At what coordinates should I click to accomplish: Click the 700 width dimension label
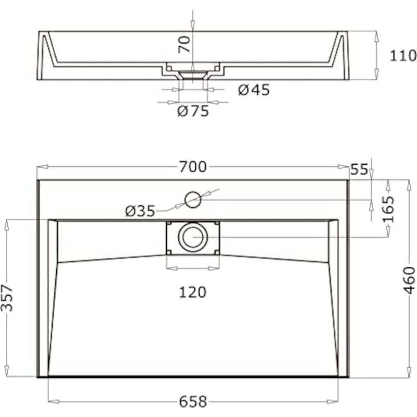193,167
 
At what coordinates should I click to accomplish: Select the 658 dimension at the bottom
193,401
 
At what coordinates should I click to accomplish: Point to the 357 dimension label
7,298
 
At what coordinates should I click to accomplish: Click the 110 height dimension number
403,56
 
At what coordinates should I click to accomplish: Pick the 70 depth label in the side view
185,44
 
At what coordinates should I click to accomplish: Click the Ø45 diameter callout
254,90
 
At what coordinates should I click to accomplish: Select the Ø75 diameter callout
193,111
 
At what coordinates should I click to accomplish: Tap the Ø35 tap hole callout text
140,212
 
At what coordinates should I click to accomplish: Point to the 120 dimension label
192,292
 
